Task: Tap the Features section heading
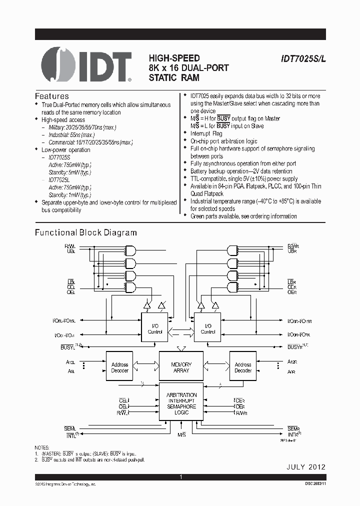(51, 96)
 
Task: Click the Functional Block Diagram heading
(85, 232)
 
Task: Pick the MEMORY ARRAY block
(181, 367)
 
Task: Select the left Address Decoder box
(119, 367)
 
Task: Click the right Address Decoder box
(243, 367)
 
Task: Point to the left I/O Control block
(155, 328)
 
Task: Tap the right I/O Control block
(207, 328)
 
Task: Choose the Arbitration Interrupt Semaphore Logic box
(181, 404)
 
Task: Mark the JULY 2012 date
(305, 467)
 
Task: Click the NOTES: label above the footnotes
(41, 447)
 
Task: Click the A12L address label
(70, 362)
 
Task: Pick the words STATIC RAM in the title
(173, 77)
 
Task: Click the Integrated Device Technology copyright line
(65, 484)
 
